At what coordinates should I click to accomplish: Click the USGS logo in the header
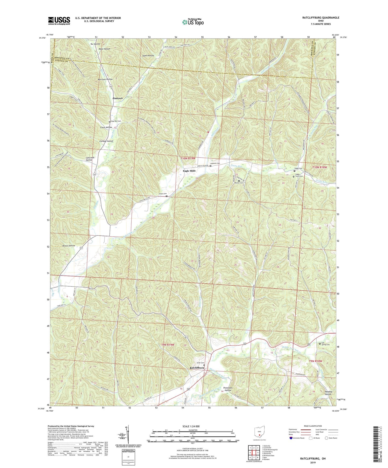pyautogui.click(x=59, y=21)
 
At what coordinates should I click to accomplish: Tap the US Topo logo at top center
pyautogui.click(x=193, y=22)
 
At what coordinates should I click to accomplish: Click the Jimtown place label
pyautogui.click(x=117, y=98)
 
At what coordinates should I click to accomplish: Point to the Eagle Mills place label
pyautogui.click(x=189, y=171)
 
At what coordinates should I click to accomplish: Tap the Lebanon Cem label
pyautogui.click(x=215, y=164)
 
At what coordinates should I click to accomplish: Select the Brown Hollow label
pyautogui.click(x=69, y=246)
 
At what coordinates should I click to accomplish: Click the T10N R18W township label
pyautogui.click(x=320, y=167)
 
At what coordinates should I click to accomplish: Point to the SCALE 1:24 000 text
pyautogui.click(x=193, y=426)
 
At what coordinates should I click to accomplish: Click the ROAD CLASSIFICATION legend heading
pyautogui.click(x=313, y=426)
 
